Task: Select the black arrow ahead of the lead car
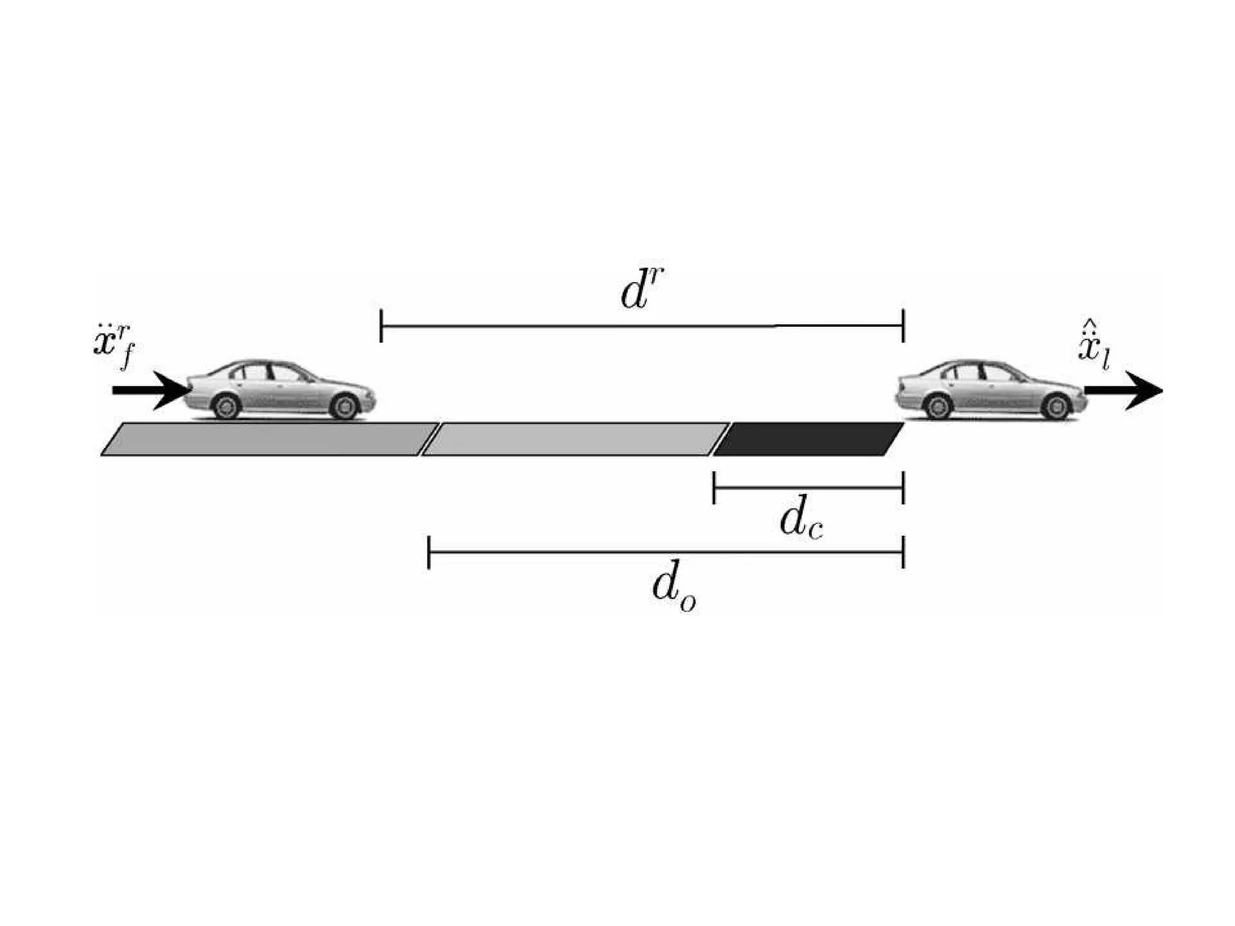[x=1123, y=390]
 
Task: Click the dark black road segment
[x=808, y=439]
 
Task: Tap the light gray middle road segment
[x=576, y=439]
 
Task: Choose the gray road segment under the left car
[x=268, y=439]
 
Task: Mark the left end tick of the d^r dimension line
[x=381, y=326]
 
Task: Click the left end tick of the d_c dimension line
[x=714, y=487]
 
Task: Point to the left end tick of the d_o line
[x=429, y=552]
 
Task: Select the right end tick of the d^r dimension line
[x=903, y=326]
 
